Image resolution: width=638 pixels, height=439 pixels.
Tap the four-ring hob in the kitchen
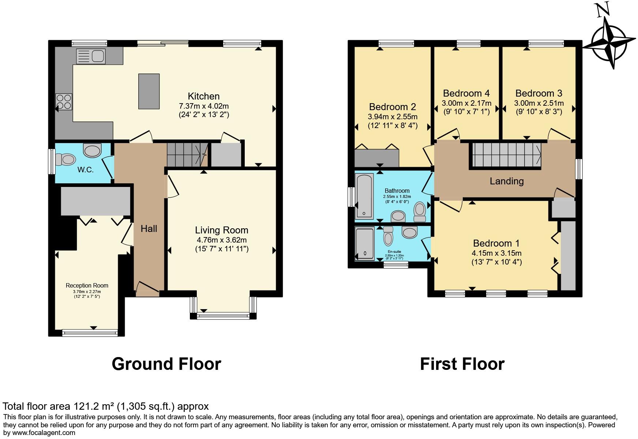pos(64,101)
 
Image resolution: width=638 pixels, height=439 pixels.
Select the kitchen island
pos(149,91)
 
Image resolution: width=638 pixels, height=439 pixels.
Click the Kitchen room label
pos(203,96)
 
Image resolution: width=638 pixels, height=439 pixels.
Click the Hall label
pos(149,229)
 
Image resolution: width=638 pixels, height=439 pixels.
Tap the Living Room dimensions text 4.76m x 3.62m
pos(221,240)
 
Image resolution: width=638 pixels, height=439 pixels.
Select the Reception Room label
pos(87,285)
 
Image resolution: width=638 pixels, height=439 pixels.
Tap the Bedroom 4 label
pos(466,93)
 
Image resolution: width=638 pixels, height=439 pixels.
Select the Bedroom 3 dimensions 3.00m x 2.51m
pos(538,103)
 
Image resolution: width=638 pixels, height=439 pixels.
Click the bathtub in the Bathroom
pos(364,196)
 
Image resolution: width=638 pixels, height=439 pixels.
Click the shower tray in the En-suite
pos(364,243)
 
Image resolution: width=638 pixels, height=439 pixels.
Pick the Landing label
pos(507,181)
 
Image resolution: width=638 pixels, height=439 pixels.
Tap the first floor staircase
pos(507,154)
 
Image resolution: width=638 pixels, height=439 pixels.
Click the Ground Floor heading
pos(166,364)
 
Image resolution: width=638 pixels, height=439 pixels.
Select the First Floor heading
pos(462,364)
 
